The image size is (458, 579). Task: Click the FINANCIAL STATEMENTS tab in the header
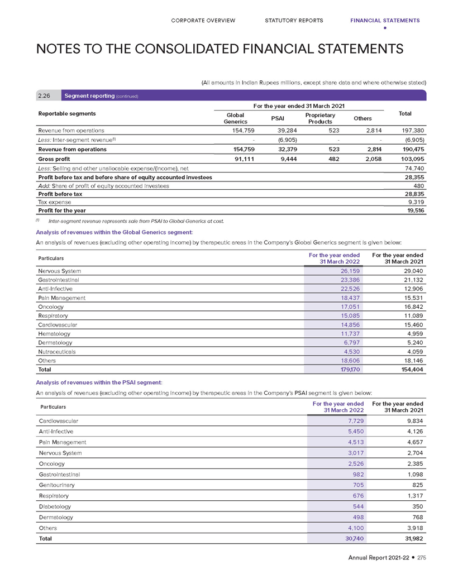pyautogui.click(x=385, y=21)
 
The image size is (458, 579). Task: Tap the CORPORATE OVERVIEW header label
pyautogui.click(x=203, y=21)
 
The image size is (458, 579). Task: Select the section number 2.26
pyautogui.click(x=45, y=95)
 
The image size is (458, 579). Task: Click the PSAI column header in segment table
pyautogui.click(x=279, y=118)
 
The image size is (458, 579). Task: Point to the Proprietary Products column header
pyautogui.click(x=320, y=118)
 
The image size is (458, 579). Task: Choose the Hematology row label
pyautogui.click(x=55, y=333)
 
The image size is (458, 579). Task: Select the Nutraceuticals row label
pyautogui.click(x=56, y=352)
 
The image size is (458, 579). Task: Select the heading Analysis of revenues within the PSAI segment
pyautogui.click(x=99, y=382)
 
